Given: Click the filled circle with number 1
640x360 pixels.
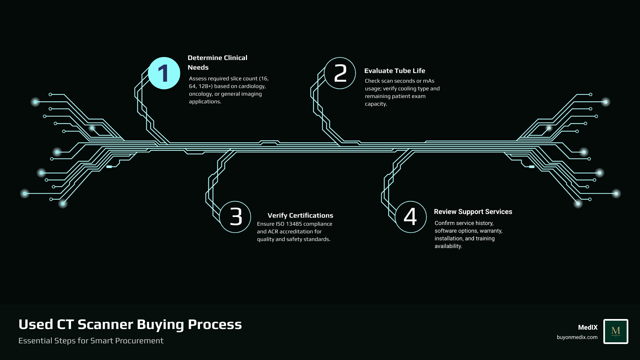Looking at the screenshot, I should tap(164, 73).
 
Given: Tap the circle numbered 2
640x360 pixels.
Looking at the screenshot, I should tap(340, 73).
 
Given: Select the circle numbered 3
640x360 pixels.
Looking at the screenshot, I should tap(235, 217).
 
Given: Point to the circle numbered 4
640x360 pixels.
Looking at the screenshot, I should tap(411, 217).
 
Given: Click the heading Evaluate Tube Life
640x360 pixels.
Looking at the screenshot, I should tap(395, 71).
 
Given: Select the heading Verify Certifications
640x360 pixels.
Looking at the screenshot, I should tap(300, 215).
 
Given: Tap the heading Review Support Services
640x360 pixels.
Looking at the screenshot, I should tap(473, 212).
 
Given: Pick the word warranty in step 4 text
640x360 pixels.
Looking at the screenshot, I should tap(490, 231).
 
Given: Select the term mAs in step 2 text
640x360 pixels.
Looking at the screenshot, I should tap(428, 81).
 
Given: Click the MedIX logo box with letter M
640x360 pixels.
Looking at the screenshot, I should tap(616, 331).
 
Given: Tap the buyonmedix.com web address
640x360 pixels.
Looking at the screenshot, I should tap(577, 337).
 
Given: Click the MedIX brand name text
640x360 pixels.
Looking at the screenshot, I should tap(588, 327).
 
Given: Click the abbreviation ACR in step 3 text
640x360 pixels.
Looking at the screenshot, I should tap(273, 231).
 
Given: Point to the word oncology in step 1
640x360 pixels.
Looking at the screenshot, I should tap(201, 94).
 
